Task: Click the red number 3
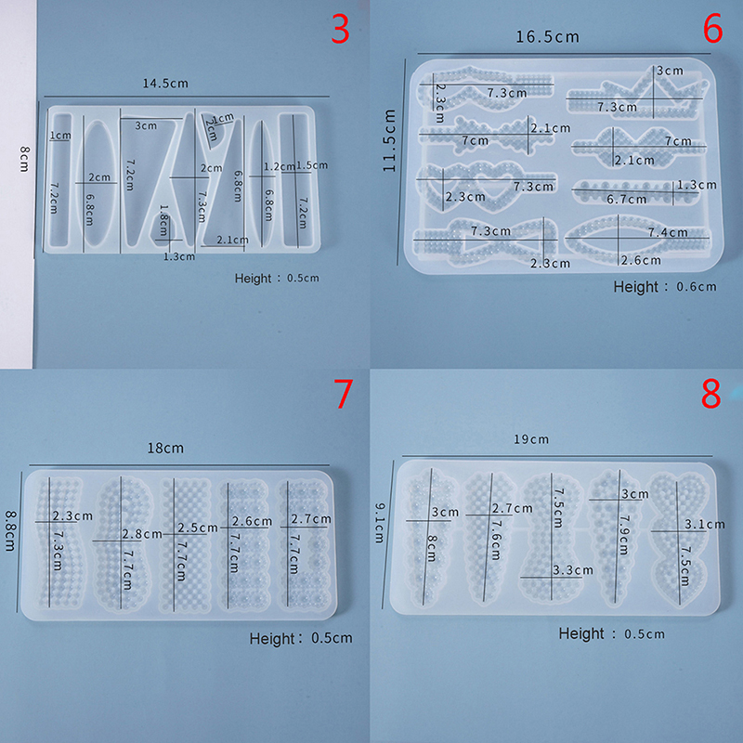coord(340,29)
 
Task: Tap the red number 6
coord(712,28)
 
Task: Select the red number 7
coord(344,393)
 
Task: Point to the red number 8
coord(710,393)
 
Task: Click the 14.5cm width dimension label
coord(165,84)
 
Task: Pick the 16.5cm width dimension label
coord(547,37)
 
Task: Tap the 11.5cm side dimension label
coord(389,140)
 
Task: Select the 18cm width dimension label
coord(165,448)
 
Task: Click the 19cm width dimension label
coord(531,439)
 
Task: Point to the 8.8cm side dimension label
coord(10,530)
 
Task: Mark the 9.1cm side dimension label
coord(380,523)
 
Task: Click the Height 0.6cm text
coord(665,287)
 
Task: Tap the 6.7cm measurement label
coord(626,199)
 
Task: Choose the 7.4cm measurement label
coord(668,232)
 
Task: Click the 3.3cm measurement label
coord(573,569)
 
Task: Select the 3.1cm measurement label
coord(705,525)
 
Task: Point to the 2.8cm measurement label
coord(142,534)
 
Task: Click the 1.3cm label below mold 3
coord(179,257)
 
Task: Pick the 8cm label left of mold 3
coord(25,159)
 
